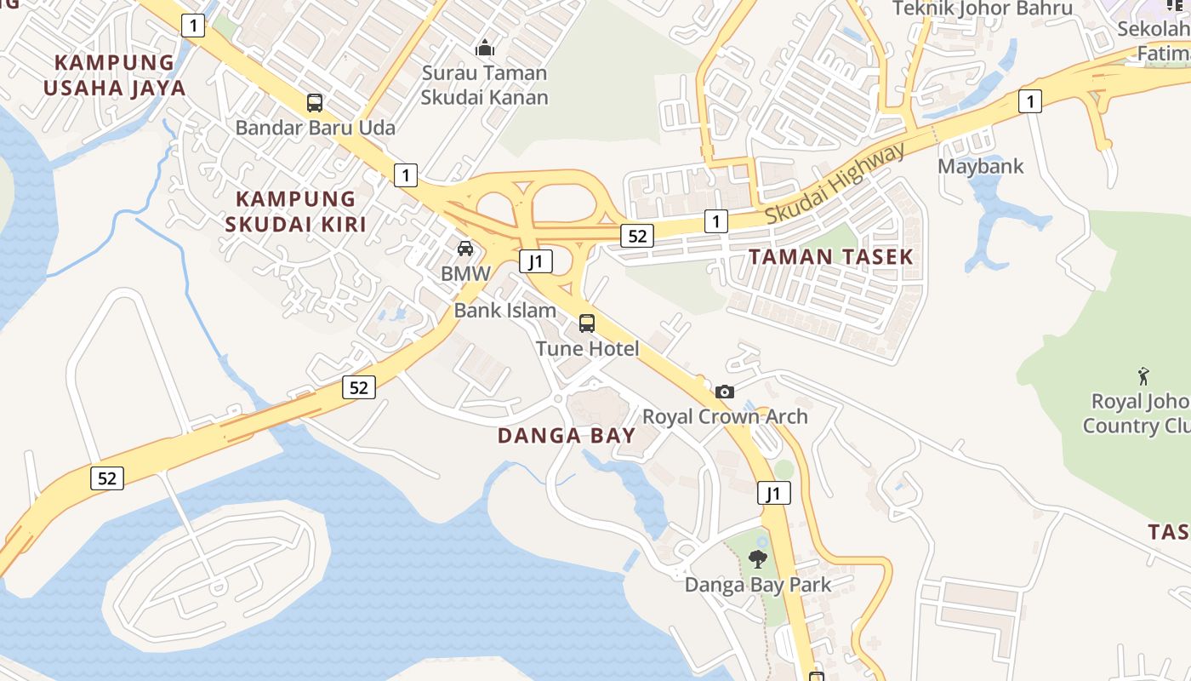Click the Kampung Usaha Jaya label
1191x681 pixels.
[114, 75]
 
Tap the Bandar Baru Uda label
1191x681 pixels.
[315, 128]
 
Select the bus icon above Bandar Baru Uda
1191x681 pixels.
[315, 103]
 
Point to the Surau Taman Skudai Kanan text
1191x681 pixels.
[484, 84]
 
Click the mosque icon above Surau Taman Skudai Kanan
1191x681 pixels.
[485, 47]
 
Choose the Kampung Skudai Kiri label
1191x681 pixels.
[295, 211]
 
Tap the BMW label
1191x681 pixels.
[465, 273]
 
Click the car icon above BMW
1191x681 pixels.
[465, 249]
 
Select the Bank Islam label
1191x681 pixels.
[505, 310]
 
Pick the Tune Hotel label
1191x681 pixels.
[587, 348]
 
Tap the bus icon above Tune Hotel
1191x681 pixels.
[587, 323]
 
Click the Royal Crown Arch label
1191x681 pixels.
[725, 416]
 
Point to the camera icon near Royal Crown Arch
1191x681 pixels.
[725, 392]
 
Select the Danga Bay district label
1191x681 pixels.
[567, 436]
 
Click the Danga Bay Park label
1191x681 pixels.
[758, 585]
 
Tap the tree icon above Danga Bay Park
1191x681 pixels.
[758, 559]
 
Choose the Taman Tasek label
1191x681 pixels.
[830, 256]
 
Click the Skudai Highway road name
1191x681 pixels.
[835, 184]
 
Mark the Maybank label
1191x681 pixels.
[981, 165]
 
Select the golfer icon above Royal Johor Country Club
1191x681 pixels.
[1144, 375]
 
